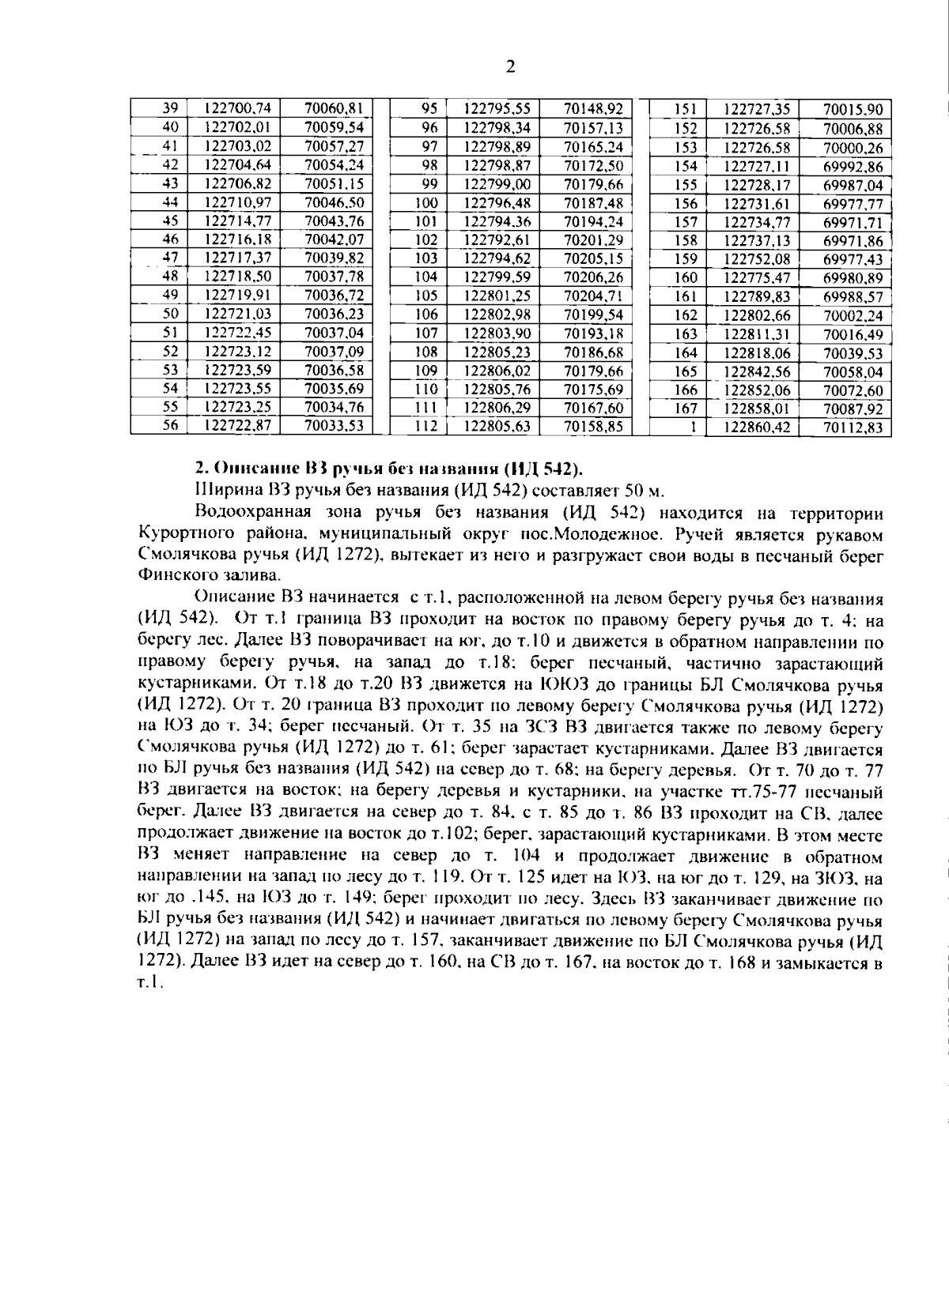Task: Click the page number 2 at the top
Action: pos(510,66)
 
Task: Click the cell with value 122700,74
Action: pos(237,108)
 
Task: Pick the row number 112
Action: pos(426,427)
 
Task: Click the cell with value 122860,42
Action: pos(751,428)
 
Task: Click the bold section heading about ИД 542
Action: pos(388,469)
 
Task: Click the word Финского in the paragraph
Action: pos(170,575)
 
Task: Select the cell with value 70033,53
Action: pos(334,425)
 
